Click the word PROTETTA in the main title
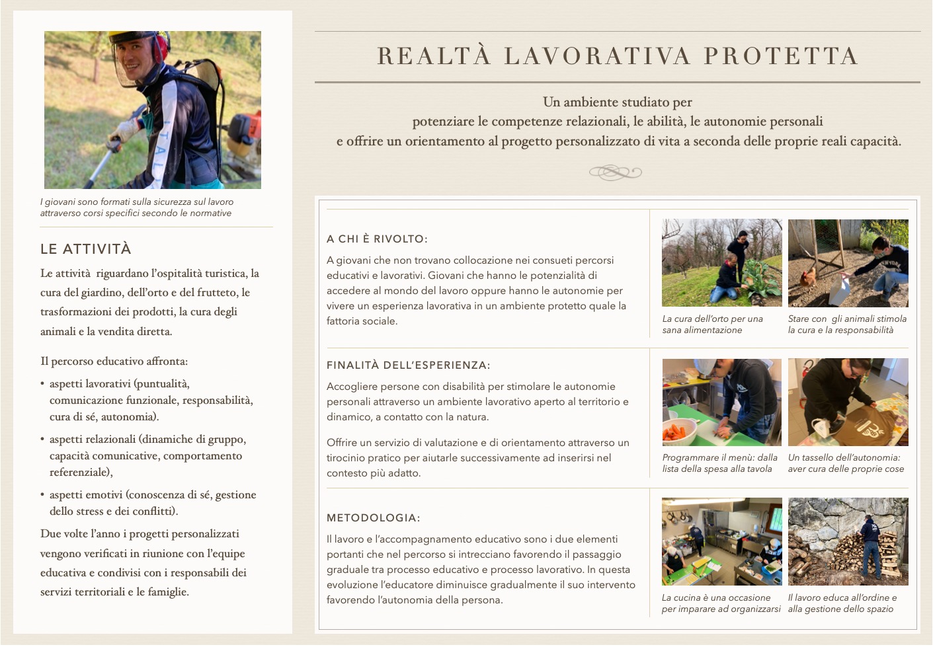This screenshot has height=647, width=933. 781,56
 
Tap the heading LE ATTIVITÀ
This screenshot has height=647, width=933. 86,249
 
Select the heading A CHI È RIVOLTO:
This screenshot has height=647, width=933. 377,239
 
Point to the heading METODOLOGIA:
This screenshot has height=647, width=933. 373,517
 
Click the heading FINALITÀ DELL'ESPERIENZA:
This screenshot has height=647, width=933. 409,365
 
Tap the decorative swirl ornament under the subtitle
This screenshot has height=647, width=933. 616,172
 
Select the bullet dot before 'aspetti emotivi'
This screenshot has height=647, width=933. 42,495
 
